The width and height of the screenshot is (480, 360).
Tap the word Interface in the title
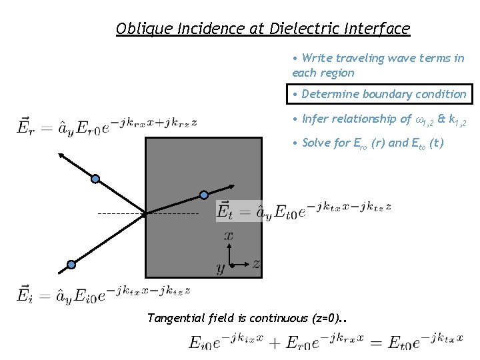click(377, 29)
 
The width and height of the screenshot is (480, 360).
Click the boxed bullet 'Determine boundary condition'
click(379, 94)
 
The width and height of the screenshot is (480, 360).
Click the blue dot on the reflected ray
click(95, 178)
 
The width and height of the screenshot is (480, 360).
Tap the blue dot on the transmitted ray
click(204, 195)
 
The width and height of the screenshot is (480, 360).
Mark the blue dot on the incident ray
click(71, 264)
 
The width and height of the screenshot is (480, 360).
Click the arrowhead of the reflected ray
click(61, 155)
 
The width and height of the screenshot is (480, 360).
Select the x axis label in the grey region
click(228, 235)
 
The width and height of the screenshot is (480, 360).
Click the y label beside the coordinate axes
click(220, 269)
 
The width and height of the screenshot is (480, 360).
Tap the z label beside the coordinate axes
click(255, 264)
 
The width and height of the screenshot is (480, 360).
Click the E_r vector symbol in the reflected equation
click(24, 124)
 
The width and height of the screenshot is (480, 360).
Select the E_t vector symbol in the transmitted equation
click(225, 210)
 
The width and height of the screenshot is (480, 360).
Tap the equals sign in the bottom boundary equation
click(378, 343)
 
